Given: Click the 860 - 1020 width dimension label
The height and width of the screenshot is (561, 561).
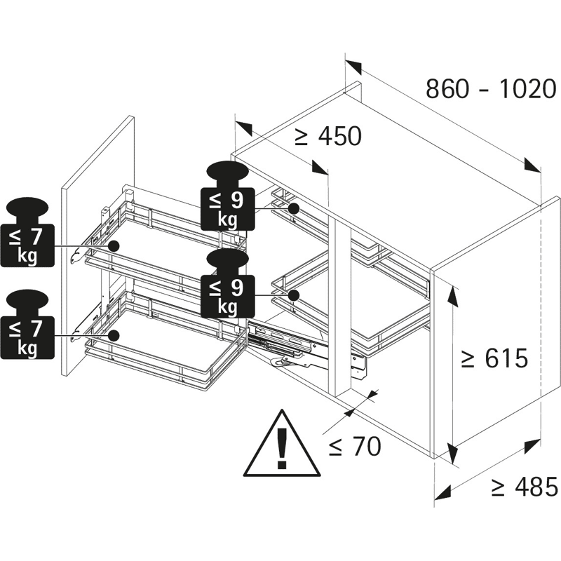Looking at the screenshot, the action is [491, 89].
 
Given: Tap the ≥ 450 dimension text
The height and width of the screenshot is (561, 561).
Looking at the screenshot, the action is [327, 136].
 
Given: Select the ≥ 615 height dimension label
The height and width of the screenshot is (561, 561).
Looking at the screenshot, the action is [494, 358].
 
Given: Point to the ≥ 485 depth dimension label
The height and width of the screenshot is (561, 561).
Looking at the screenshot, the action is [524, 487].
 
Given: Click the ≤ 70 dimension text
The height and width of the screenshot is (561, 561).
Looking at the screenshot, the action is [355, 447].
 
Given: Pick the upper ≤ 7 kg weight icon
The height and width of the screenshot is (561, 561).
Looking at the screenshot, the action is [27, 233].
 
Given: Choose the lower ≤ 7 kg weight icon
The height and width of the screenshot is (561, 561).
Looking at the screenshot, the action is [27, 325].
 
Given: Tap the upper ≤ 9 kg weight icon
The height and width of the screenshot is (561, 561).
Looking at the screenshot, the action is [227, 196].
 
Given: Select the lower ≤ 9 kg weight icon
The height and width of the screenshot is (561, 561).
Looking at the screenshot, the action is [227, 283].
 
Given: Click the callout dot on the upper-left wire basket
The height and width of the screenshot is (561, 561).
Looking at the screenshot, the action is [114, 246].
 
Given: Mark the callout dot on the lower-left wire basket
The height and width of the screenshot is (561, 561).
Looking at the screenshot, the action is [114, 335].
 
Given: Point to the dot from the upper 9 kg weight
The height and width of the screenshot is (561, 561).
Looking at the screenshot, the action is [294, 208].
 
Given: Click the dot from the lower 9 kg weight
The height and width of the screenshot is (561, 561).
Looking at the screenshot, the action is [294, 295].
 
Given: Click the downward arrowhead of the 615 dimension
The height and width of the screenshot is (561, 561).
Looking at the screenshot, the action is [452, 454].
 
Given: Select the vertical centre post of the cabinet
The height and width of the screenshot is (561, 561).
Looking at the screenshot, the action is [343, 307].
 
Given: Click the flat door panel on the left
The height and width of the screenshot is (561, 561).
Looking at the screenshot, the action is [97, 245].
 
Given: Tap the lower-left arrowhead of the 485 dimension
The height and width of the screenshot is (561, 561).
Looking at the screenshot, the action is [442, 492].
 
